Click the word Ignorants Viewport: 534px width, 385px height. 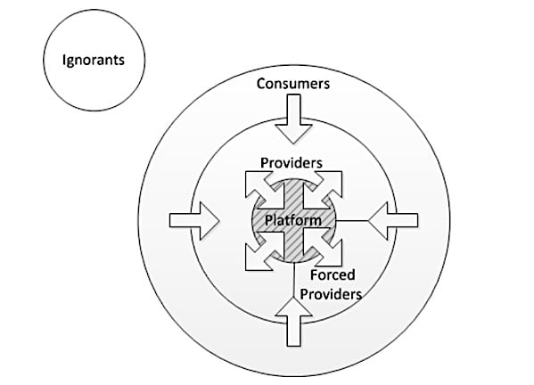94,61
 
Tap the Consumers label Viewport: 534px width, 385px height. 293,84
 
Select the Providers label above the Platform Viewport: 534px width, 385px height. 292,163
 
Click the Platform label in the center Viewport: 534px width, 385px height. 293,220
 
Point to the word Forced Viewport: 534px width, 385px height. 333,274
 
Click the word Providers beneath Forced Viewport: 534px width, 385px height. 331,294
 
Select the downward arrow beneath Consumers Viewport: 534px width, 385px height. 293,119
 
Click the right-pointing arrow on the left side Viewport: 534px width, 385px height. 194,221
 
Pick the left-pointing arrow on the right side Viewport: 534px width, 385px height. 393,221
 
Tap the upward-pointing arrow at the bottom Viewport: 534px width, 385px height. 293,322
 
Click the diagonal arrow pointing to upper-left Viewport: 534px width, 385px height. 261,187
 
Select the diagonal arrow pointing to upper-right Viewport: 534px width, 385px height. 326,187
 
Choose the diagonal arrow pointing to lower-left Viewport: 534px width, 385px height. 261,254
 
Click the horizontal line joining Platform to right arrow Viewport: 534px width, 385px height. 352,221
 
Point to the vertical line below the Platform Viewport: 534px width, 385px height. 293,280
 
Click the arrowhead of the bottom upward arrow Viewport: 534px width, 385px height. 293,307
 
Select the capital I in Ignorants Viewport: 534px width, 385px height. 64,60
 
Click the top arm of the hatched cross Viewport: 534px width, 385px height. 293,196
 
